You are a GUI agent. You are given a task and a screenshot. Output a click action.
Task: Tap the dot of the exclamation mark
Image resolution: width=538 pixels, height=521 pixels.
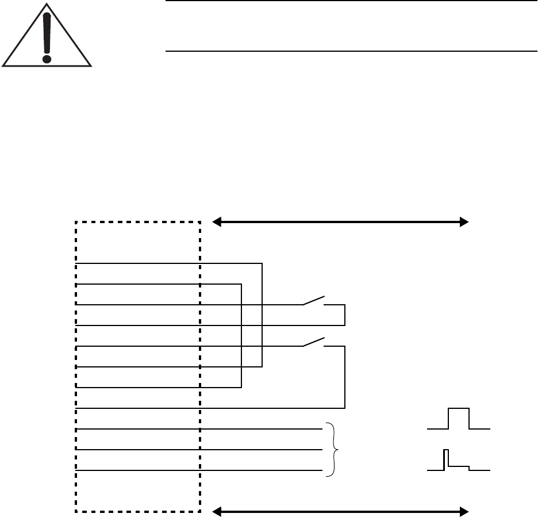click(47, 58)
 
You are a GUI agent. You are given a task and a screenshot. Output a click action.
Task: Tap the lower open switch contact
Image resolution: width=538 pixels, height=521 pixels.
click(314, 342)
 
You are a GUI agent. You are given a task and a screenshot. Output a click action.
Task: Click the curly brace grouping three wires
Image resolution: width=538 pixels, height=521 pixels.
click(331, 450)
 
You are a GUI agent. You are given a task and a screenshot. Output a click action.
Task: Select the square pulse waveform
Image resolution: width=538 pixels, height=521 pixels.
click(459, 419)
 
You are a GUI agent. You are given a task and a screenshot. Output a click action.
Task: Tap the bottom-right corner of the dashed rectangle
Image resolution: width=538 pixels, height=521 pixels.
click(199, 511)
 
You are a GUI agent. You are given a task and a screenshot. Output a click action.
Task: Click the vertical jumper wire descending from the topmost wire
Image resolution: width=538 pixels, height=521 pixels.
click(262, 315)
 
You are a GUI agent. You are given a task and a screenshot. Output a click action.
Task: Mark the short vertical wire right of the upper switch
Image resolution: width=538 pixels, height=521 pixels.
click(344, 315)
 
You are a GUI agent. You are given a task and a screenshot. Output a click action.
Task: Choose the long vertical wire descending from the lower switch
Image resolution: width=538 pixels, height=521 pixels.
click(344, 377)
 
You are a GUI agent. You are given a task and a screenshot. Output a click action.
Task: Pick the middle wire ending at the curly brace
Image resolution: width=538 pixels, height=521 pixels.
click(259, 450)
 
